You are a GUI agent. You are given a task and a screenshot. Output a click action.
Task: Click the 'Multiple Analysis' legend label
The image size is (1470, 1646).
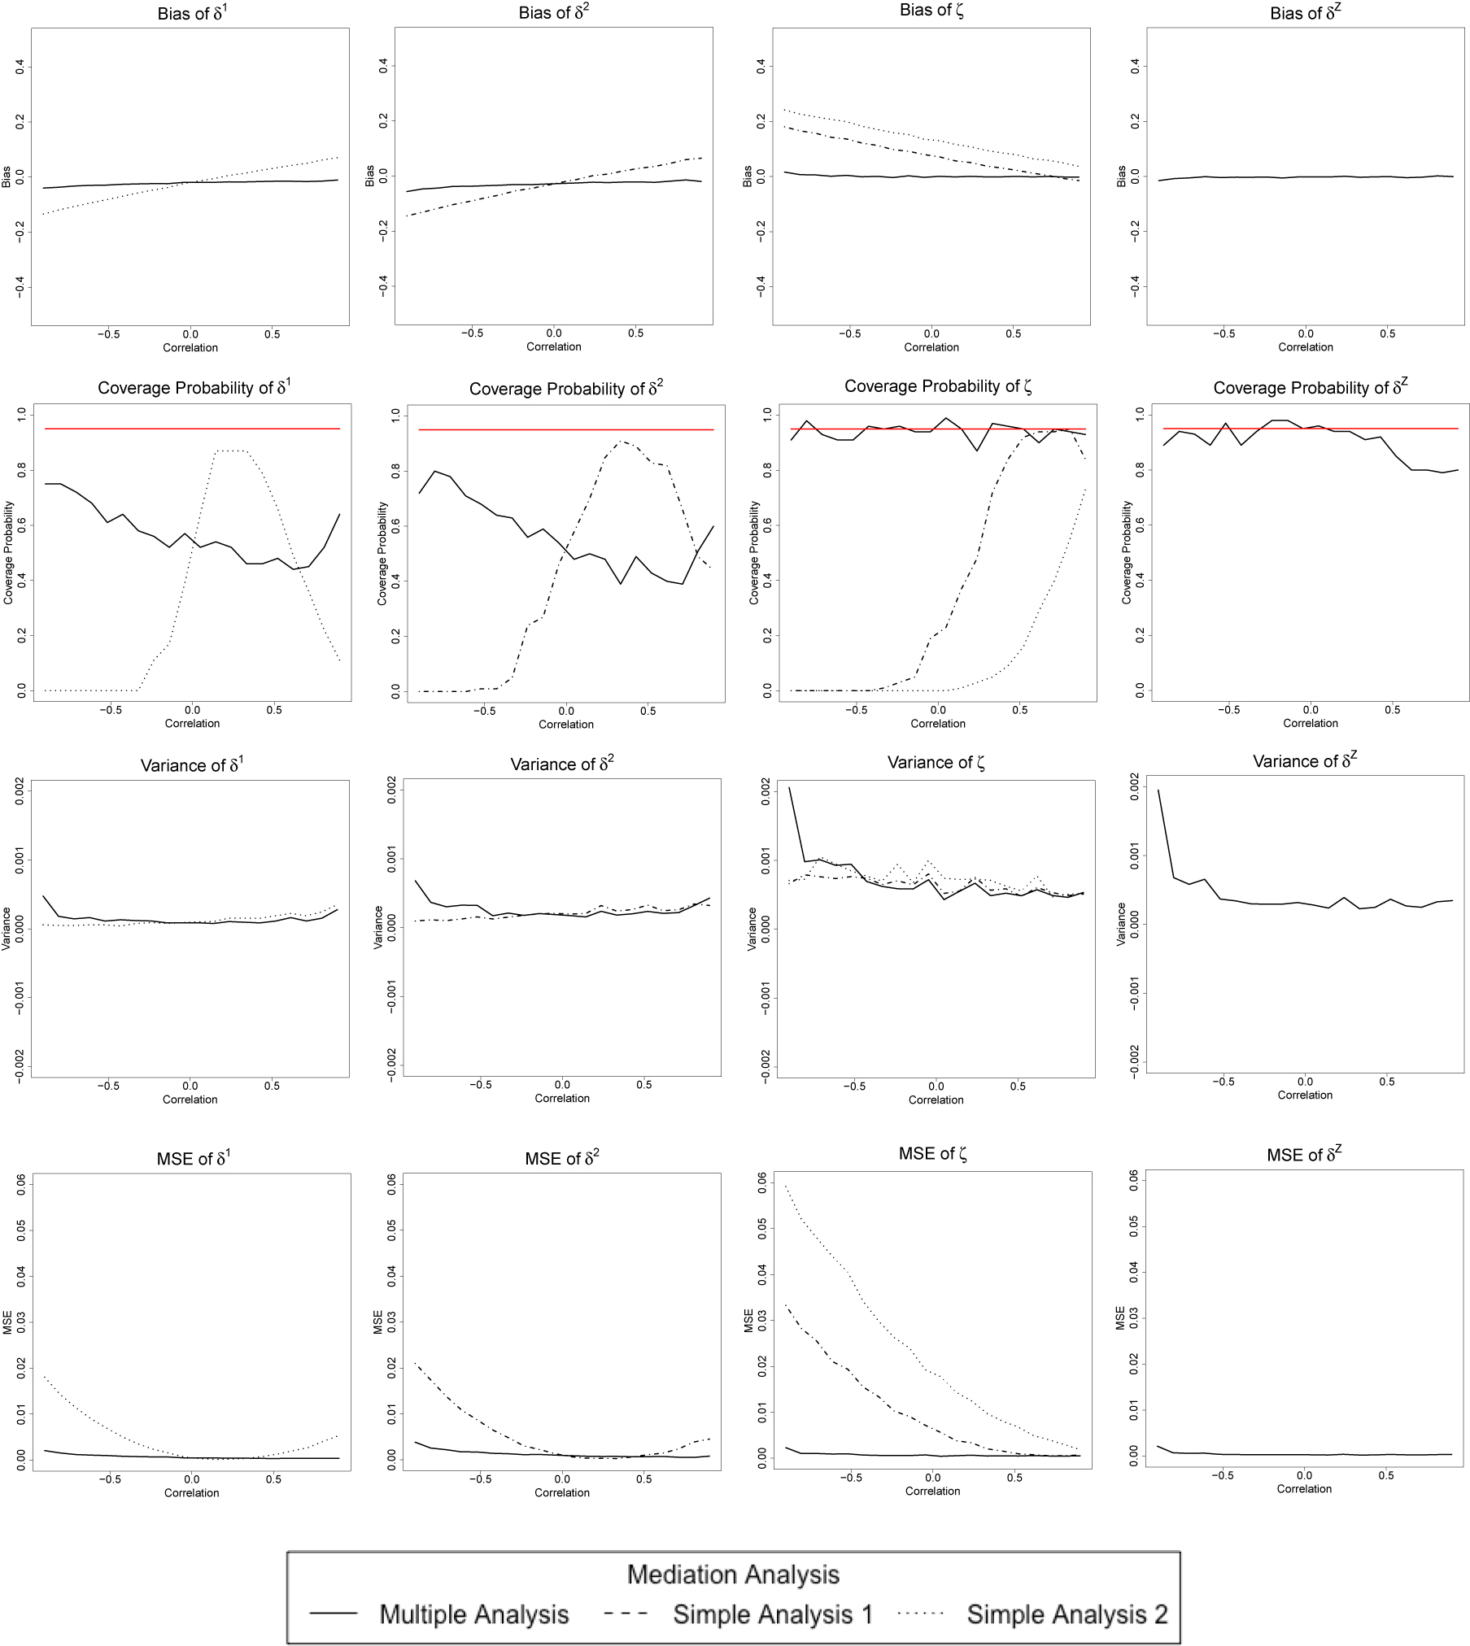click(x=474, y=1613)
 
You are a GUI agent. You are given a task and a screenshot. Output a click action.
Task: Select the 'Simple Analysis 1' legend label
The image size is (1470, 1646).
click(x=773, y=1613)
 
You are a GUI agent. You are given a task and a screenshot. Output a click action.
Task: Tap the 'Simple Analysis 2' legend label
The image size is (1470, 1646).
click(x=1067, y=1613)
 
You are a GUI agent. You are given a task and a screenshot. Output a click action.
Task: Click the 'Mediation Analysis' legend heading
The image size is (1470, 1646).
click(x=733, y=1574)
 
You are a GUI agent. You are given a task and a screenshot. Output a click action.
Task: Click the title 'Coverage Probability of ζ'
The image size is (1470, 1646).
click(x=937, y=386)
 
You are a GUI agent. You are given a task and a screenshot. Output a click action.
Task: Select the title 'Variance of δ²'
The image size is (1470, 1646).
click(x=562, y=764)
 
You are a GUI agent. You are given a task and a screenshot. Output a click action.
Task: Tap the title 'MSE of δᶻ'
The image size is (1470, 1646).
click(x=1304, y=1154)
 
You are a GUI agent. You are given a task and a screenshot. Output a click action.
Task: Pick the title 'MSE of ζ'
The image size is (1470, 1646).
click(x=932, y=1153)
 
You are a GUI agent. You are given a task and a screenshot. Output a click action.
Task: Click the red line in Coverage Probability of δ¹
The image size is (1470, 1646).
click(x=192, y=429)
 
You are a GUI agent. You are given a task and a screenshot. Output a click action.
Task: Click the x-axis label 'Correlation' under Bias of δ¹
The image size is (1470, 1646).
click(x=190, y=347)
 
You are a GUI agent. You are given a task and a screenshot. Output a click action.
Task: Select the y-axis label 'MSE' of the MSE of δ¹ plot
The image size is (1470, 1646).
click(x=8, y=1322)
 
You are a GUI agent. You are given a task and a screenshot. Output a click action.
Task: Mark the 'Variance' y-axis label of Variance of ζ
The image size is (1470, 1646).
click(x=752, y=929)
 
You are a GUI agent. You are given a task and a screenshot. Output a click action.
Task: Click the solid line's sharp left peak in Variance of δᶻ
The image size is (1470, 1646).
click(x=1158, y=790)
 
